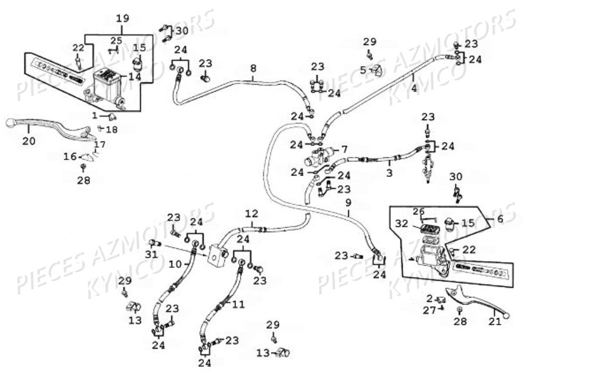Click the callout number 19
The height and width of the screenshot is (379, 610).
[x=122, y=18]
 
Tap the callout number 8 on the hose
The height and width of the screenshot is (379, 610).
[x=253, y=67]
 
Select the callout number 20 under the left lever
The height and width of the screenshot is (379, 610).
[x=28, y=141]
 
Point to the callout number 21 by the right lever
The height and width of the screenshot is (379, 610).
[x=494, y=321]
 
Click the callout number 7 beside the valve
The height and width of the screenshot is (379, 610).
[x=344, y=149]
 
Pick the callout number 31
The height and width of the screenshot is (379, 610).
[x=152, y=254]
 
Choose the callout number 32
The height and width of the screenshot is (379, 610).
[x=402, y=224]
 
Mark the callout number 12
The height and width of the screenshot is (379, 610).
[x=251, y=213]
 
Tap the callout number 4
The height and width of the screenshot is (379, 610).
[x=414, y=88]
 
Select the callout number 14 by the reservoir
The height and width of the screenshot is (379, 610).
[x=134, y=76]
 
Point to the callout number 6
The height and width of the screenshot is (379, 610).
[x=501, y=218]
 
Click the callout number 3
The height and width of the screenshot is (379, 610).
[x=389, y=173]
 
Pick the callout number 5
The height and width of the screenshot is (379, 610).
[x=363, y=69]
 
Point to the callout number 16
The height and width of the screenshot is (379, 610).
[x=69, y=156]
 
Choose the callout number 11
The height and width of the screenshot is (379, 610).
[x=239, y=304]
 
